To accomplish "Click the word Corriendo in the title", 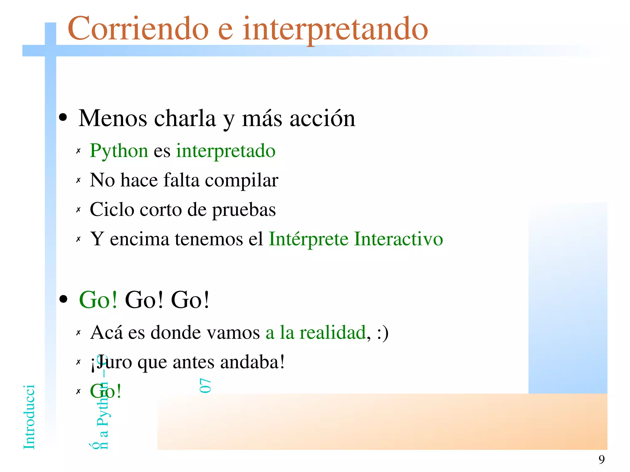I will point(138,29).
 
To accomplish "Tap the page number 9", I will point(601,459).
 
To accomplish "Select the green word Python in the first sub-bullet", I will point(119,151).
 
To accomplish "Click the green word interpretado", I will point(225,151).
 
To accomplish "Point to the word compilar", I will point(241,181).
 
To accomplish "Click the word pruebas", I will point(244,210).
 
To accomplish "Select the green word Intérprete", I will point(309,240).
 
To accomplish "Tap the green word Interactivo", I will point(398,239).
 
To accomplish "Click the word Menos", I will point(113,119).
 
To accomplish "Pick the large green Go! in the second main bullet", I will point(98,300).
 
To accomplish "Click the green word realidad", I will point(333,333).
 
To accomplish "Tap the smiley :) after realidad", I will point(382,333).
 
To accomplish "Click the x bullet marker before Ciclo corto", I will point(78,210).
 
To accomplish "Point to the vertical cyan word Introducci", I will point(29,417).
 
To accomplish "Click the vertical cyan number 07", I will point(205,386).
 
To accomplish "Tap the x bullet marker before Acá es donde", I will point(78,333).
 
